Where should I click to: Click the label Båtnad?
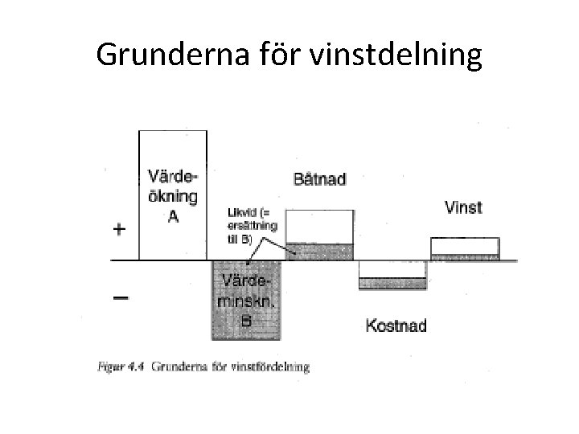pyautogui.click(x=319, y=179)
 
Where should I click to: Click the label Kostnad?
pyautogui.click(x=396, y=325)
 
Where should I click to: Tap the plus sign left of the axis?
pyautogui.click(x=119, y=229)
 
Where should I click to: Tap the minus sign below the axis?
pyautogui.click(x=119, y=297)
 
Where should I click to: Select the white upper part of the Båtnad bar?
pyautogui.click(x=319, y=226)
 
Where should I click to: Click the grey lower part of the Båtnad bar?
pyautogui.click(x=319, y=251)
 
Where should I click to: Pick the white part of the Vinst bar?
pyautogui.click(x=465, y=246)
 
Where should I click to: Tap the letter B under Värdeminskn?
pyautogui.click(x=247, y=321)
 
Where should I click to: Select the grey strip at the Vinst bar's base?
pyautogui.click(x=465, y=257)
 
